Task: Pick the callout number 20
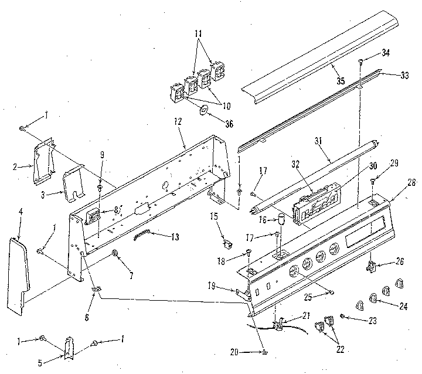(x=251, y=352)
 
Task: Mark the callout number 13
(x=158, y=237)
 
